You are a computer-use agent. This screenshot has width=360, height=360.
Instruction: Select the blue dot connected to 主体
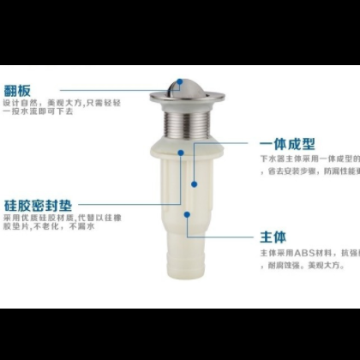(x=189, y=213)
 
